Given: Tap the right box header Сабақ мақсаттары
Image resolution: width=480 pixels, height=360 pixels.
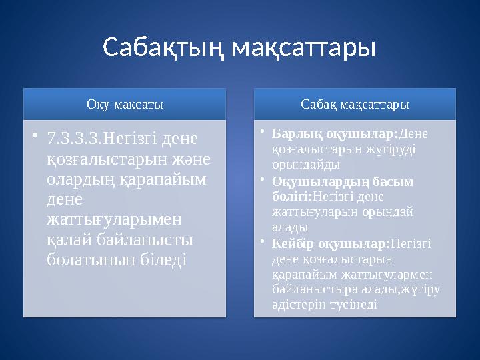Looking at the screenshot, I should (355, 105).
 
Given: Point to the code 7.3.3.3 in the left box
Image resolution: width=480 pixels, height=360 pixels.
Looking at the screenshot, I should (73, 140).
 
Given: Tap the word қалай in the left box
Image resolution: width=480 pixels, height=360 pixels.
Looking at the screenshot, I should (68, 239).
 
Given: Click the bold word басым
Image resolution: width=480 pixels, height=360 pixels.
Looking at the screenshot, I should (393, 181).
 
